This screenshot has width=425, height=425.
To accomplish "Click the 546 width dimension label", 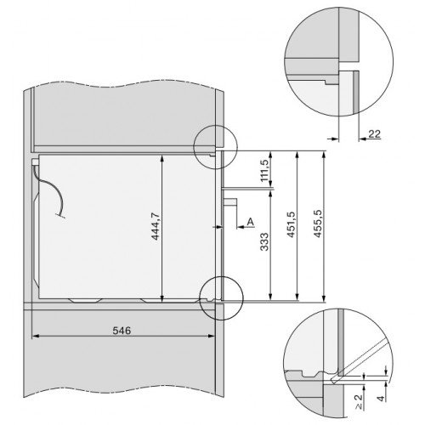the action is click(122, 331).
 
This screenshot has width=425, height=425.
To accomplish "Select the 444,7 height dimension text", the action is click(156, 226).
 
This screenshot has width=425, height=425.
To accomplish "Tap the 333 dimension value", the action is click(264, 241).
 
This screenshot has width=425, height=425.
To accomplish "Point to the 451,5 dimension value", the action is click(291, 224).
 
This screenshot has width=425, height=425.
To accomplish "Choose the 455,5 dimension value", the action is click(318, 224).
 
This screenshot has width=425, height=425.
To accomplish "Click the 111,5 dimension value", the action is click(264, 171).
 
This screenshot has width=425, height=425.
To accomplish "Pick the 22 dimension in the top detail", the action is click(374, 133).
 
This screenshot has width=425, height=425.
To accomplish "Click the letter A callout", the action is click(250, 222).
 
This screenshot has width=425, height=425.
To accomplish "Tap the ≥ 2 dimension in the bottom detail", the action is click(359, 402).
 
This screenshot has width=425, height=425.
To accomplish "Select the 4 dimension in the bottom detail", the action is click(382, 398).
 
